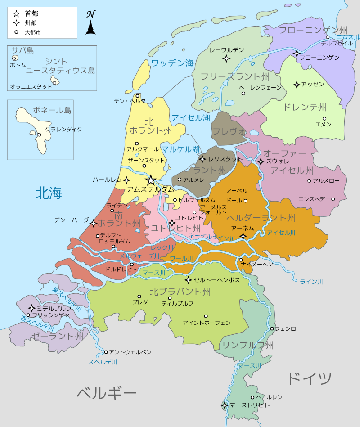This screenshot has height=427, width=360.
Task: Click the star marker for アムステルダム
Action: coord(151,180)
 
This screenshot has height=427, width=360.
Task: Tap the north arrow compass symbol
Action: coord(90,24)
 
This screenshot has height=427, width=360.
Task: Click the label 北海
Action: coord(49,193)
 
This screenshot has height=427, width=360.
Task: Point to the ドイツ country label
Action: coord(309,378)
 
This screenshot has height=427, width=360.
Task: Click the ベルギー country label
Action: coord(106,393)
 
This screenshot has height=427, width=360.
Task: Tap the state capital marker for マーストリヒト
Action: coord(225,405)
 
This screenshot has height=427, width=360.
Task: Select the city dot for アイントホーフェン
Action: coord(206,316)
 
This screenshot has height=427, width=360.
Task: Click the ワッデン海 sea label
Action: coord(172,63)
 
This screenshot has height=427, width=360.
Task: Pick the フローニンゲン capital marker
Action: coord(297,54)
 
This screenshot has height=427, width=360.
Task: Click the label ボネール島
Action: coord(52,110)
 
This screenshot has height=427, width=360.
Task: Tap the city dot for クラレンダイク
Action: coord(39,135)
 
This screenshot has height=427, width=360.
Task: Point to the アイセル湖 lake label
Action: coord(191,118)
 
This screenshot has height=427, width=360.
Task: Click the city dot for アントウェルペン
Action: coord(106,352)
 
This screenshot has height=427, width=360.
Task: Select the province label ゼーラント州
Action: coord(57,336)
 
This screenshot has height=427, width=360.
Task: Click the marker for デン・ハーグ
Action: coord(93,223)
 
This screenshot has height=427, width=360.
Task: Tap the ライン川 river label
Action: coord(311,282)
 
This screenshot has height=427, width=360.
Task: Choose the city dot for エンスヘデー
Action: coord(333,199)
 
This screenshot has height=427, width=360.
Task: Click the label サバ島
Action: coord(22,50)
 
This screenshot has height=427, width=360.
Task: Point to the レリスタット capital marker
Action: coord(202,159)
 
